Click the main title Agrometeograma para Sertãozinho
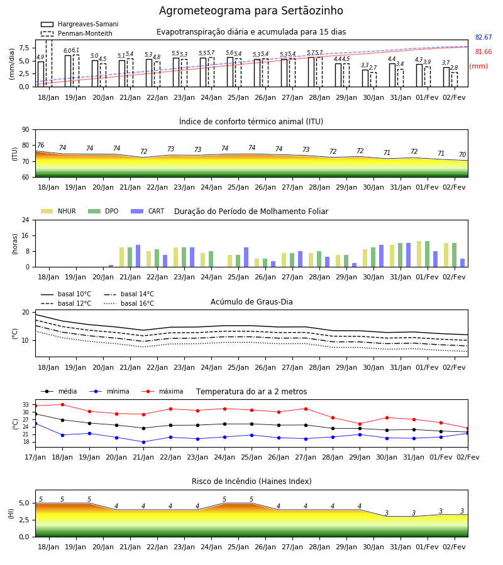point(251,11)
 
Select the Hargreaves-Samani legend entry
point(80,24)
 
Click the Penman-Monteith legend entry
point(77,33)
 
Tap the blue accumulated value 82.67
point(484,37)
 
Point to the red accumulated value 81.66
point(484,51)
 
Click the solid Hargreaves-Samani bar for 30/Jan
point(365,78)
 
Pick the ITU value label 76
point(40,145)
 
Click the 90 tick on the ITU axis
point(26,130)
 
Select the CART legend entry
point(148,211)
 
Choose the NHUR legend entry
point(58,211)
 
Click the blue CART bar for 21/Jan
point(138,256)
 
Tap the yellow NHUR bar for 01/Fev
point(419,254)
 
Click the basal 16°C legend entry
point(129,303)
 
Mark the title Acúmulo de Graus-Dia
point(251,301)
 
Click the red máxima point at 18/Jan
point(62,404)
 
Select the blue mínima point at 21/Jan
point(143,442)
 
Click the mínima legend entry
point(109,391)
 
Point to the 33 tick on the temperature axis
point(26,405)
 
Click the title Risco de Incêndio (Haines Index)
point(251,481)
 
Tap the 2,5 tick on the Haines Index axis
point(24,520)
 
